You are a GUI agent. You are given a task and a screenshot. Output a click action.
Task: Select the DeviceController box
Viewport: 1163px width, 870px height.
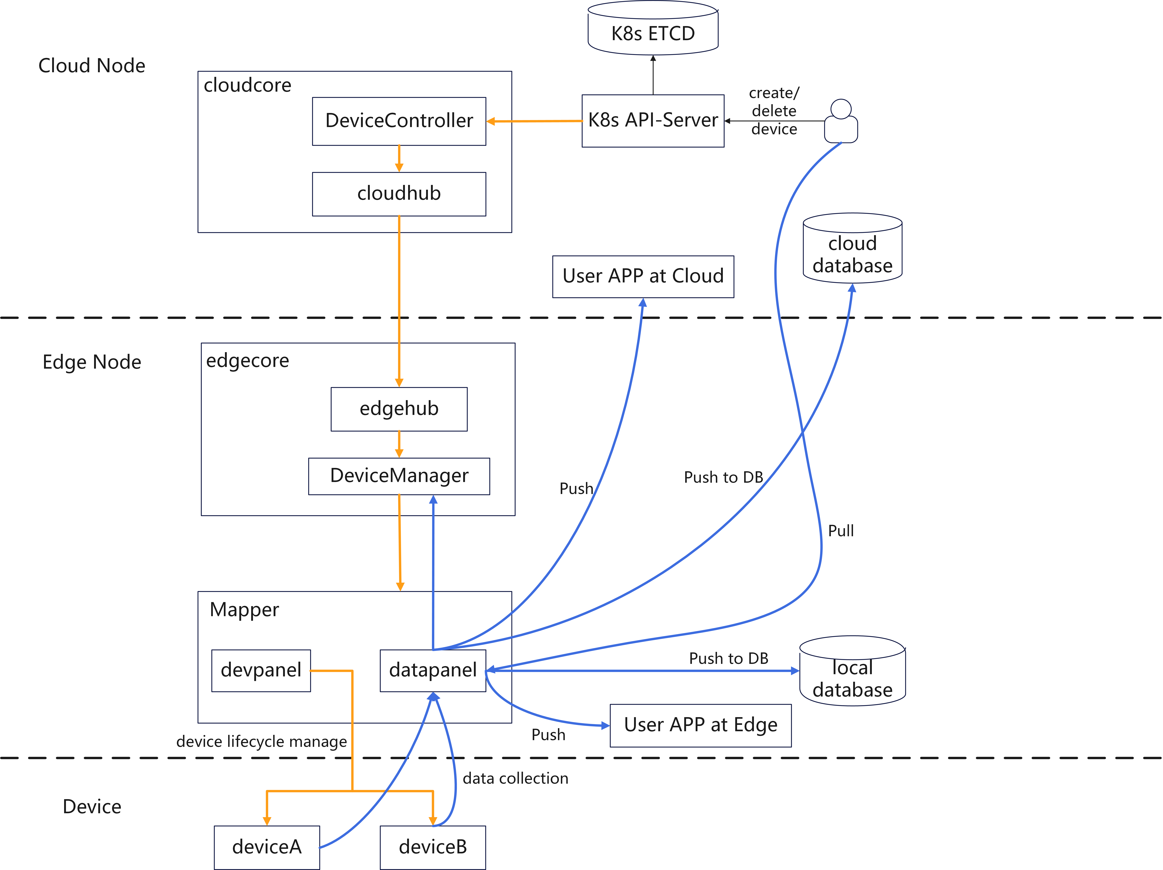pos(399,121)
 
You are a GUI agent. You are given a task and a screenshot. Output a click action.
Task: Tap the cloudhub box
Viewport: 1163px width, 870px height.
pos(399,194)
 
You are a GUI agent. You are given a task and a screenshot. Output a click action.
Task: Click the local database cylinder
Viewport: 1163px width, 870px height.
pos(852,676)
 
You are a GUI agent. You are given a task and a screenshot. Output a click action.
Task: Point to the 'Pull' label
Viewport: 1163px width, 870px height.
pos(841,531)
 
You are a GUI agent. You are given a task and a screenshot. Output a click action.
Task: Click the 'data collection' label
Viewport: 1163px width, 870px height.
pos(515,779)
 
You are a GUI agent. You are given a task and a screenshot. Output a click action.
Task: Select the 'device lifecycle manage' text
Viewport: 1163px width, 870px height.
pos(261,742)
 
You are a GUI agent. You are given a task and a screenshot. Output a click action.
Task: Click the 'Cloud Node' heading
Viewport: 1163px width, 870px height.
pos(92,66)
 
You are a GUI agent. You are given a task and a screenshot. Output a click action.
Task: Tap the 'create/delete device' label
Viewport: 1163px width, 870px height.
pos(774,111)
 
